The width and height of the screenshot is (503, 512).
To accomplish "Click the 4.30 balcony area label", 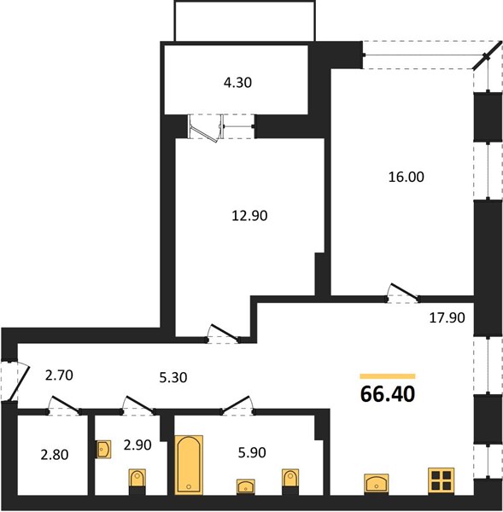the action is pyautogui.click(x=237, y=83).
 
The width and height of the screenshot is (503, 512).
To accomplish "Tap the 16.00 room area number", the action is pyautogui.click(x=406, y=177).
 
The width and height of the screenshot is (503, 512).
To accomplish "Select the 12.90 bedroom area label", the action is pyautogui.click(x=249, y=216).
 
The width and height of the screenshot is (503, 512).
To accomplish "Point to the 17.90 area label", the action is pyautogui.click(x=447, y=317).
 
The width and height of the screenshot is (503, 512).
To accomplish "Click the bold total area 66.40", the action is pyautogui.click(x=388, y=393).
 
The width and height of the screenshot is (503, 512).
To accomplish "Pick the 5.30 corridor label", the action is pyautogui.click(x=173, y=377).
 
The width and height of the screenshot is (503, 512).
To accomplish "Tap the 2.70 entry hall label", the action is pyautogui.click(x=59, y=375).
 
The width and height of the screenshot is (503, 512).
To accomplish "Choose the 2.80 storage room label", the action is pyautogui.click(x=55, y=455).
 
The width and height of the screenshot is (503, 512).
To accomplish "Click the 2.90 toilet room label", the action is pyautogui.click(x=137, y=445).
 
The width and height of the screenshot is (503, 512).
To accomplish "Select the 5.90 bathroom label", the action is pyautogui.click(x=252, y=452).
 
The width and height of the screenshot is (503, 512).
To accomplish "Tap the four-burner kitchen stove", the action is pyautogui.click(x=442, y=480).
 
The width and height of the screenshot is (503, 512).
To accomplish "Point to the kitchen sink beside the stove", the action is pyautogui.click(x=377, y=483).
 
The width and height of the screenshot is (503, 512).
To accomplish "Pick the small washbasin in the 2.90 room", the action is pyautogui.click(x=103, y=450).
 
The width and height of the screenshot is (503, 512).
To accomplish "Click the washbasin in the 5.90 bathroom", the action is pyautogui.click(x=246, y=486).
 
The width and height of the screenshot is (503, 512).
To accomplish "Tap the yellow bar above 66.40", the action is pyautogui.click(x=388, y=376).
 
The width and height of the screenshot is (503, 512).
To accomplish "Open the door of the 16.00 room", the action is pyautogui.click(x=403, y=292).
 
